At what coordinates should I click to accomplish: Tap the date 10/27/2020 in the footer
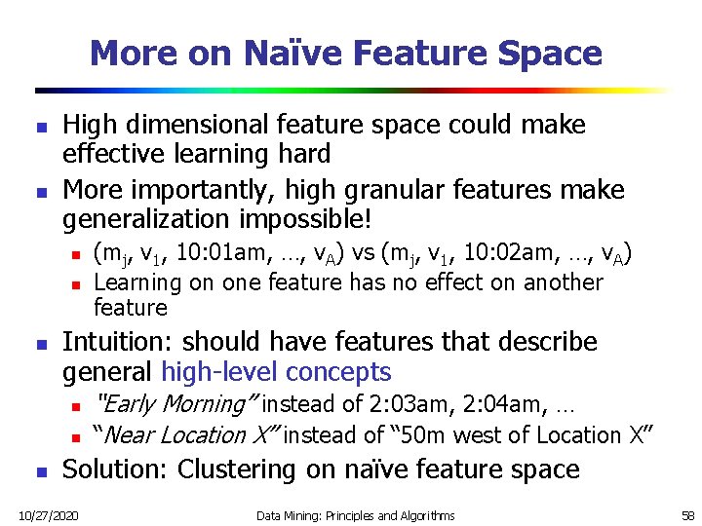pos(49,514)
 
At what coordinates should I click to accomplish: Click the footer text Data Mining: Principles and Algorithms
pos(356,514)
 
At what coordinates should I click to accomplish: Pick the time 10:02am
pos(497,255)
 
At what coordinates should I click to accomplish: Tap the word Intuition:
pos(118,342)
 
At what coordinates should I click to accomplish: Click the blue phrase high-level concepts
pos(276,372)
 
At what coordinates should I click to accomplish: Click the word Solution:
pos(116,470)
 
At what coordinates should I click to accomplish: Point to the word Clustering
pos(237,470)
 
